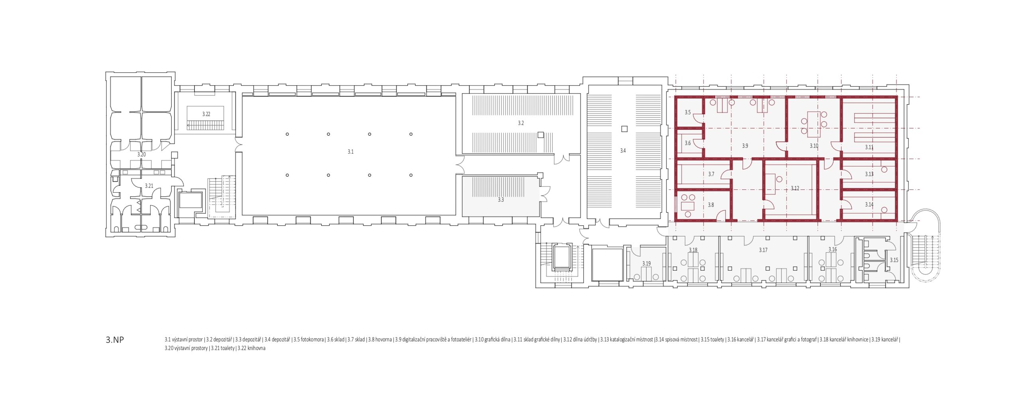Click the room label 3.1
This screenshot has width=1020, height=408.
pyautogui.click(x=351, y=152)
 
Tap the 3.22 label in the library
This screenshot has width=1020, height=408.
pyautogui.click(x=206, y=114)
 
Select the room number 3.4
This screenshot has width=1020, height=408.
pyautogui.click(x=623, y=150)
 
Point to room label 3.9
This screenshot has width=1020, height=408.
pyautogui.click(x=745, y=146)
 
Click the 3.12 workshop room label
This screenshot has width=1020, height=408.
pyautogui.click(x=795, y=188)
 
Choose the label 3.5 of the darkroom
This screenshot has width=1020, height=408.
pyautogui.click(x=688, y=112)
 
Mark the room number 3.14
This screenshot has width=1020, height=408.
pyautogui.click(x=869, y=205)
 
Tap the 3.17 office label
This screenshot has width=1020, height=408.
pyautogui.click(x=763, y=250)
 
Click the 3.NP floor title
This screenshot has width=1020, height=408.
pyautogui.click(x=115, y=340)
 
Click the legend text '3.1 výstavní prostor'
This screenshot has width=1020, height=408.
pyautogui.click(x=184, y=340)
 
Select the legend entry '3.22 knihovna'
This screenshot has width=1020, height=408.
pyautogui.click(x=251, y=348)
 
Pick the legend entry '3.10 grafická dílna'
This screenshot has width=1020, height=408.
pyautogui.click(x=492, y=340)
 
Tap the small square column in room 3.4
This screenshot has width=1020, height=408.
pyautogui.click(x=624, y=129)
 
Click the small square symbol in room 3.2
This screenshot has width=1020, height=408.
pyautogui.click(x=540, y=135)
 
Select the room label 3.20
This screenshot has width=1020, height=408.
pyautogui.click(x=141, y=154)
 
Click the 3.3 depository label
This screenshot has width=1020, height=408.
pyautogui.click(x=501, y=199)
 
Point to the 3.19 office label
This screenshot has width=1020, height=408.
pyautogui.click(x=646, y=264)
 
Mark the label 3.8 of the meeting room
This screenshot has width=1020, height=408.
pyautogui.click(x=711, y=205)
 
